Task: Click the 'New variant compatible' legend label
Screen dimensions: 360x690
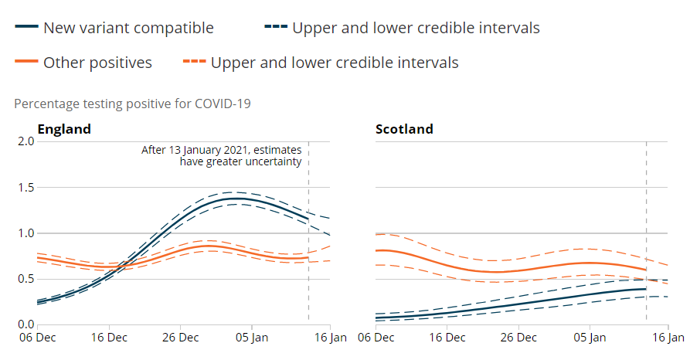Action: click(x=128, y=29)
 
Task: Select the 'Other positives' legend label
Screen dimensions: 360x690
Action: click(x=97, y=63)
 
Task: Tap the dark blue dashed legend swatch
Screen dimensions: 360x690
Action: click(x=275, y=29)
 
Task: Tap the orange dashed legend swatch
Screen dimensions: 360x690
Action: click(x=194, y=63)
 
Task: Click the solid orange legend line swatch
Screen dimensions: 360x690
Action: click(x=25, y=63)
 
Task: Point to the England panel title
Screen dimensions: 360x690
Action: click(x=64, y=129)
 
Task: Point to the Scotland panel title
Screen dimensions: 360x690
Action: click(x=404, y=129)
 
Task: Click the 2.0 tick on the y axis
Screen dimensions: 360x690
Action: click(x=25, y=141)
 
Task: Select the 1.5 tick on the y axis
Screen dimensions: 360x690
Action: click(x=25, y=188)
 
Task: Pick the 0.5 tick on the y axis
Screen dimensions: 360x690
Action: click(x=25, y=279)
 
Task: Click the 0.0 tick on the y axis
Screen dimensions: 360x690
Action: click(x=25, y=324)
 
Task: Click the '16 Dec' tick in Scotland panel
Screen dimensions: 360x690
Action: click(x=446, y=338)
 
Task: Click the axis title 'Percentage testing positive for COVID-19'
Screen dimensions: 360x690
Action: click(x=132, y=103)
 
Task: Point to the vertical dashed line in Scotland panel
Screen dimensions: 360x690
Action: click(x=646, y=232)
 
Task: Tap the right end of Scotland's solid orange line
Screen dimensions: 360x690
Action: click(x=646, y=270)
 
